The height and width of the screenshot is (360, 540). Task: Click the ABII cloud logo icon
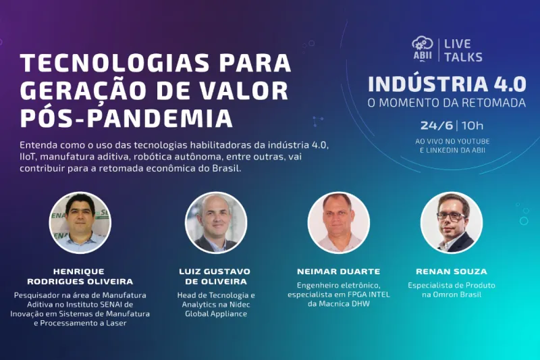[x=423, y=48]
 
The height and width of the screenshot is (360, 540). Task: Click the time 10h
[x=473, y=125]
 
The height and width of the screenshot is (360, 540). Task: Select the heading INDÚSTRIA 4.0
[x=446, y=84]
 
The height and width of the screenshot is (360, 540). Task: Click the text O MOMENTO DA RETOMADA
[x=446, y=103]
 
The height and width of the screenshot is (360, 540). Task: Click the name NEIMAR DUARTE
[x=338, y=272]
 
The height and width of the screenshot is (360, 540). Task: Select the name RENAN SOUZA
[x=452, y=272]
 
